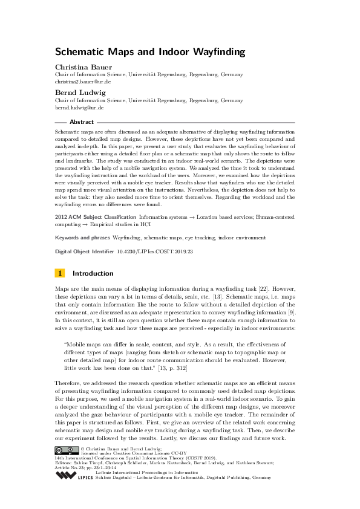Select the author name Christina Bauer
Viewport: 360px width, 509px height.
pyautogui.click(x=80, y=66)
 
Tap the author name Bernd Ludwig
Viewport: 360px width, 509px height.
pyautogui.click(x=76, y=92)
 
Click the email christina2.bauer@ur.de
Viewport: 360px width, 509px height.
pyautogui.click(x=83, y=80)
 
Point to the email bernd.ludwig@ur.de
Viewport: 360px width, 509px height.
pyautogui.click(x=79, y=107)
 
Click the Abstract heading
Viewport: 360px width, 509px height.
pyautogui.click(x=81, y=122)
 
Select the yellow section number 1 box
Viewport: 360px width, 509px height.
pyautogui.click(x=59, y=273)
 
